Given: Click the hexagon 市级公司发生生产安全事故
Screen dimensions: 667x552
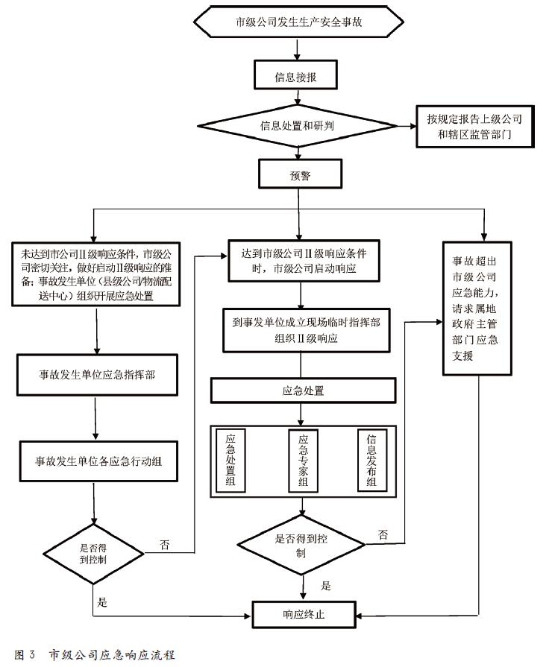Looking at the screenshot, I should coord(298,22).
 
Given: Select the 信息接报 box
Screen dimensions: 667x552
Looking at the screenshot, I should coord(298,75).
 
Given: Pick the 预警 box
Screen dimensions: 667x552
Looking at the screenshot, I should coord(298,176).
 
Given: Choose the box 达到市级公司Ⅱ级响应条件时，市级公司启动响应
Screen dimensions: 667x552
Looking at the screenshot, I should coord(298,261).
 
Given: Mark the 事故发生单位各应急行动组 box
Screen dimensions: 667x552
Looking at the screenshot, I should coord(97,461).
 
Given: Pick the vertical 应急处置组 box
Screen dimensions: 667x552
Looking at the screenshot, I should coord(230,461).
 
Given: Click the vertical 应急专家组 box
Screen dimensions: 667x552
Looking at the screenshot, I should coord(302,461).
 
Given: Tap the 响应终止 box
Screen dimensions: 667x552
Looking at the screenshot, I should coord(304,616).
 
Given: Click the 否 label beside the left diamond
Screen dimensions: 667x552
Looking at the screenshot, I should coord(165,545).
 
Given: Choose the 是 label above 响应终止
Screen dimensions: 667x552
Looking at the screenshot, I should coord(326,586).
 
